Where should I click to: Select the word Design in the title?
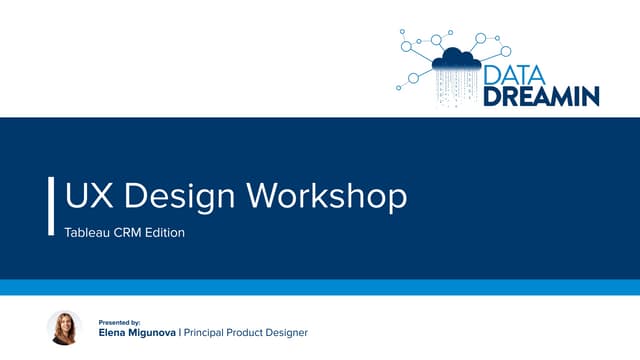175,195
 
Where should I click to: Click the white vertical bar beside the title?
51,206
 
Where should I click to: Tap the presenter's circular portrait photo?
64,328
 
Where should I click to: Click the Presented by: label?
119,321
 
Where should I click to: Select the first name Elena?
114,333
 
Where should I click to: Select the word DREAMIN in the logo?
542,96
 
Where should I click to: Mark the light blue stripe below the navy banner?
320,288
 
